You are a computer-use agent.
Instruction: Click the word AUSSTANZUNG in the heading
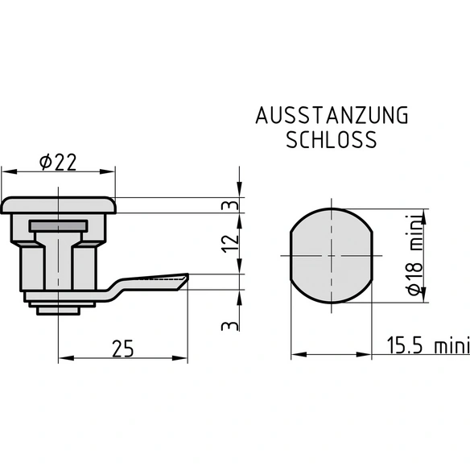[x=332, y=115]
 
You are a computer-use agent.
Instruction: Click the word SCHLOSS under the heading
[x=332, y=140]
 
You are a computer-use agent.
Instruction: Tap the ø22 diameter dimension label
[x=58, y=162]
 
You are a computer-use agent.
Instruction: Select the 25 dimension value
[x=122, y=348]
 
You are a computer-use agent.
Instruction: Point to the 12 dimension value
[x=230, y=243]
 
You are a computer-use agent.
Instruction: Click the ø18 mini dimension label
[x=414, y=255]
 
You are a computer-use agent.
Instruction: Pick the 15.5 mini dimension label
[x=428, y=345]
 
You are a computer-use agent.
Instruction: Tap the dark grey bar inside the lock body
[x=58, y=225]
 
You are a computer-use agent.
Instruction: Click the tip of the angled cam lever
[x=188, y=274]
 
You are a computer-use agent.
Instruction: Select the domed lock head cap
[x=58, y=205]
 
